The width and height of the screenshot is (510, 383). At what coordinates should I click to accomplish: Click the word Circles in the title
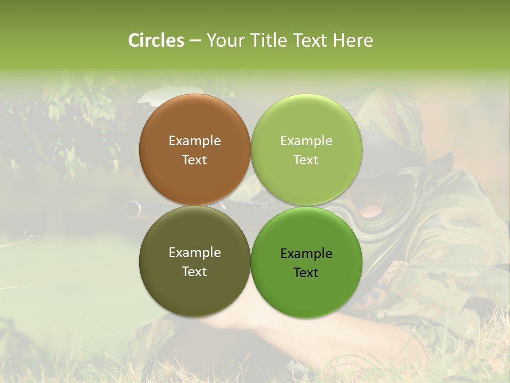coord(156,40)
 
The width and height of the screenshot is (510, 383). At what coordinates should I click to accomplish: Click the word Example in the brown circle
coord(194,141)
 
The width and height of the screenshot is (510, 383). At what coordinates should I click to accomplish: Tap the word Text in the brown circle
coord(194,160)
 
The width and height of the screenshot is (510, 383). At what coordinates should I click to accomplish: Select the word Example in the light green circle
coord(306,141)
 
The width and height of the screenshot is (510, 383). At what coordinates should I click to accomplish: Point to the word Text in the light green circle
coord(306,160)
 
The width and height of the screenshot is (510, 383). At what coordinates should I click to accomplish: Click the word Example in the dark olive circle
coord(194,253)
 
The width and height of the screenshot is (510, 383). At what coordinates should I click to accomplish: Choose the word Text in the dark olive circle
coord(194,272)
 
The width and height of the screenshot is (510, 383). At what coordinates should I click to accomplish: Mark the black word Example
coord(306,254)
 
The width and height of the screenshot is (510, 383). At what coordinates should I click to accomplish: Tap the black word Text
coord(306,273)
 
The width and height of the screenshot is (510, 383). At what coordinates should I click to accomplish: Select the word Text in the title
coord(310,40)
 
